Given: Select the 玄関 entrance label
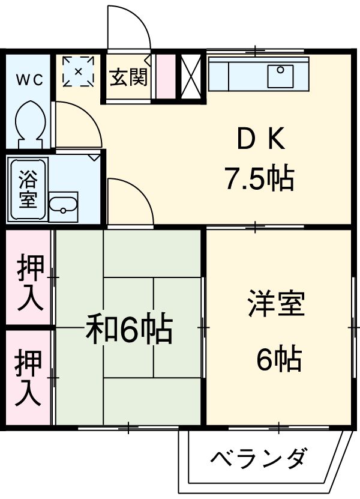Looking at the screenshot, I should [x=128, y=79].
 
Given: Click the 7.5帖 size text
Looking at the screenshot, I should [x=259, y=178].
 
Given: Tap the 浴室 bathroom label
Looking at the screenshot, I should [x=27, y=188].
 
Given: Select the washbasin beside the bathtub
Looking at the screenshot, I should [x=63, y=206].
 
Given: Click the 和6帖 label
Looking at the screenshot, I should [x=129, y=329].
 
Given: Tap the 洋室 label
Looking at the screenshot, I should [x=276, y=304].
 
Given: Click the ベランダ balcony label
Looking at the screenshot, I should [x=259, y=459].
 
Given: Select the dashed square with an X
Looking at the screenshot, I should [x=79, y=71].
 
